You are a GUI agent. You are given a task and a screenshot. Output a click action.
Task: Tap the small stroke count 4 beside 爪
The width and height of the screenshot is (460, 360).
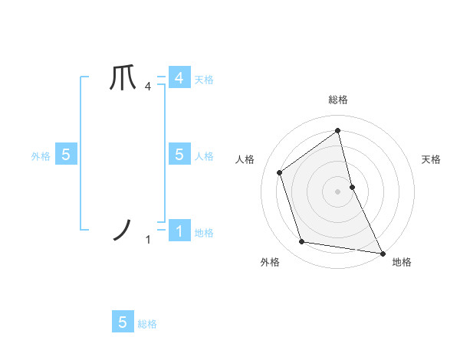tap(148, 87)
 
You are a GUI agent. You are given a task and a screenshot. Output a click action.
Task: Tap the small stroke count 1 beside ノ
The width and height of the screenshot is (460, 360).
tap(148, 240)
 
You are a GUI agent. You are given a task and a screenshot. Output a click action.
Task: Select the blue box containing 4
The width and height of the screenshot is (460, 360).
tap(179, 78)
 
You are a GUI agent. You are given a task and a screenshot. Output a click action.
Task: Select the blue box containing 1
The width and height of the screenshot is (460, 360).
tap(179, 231)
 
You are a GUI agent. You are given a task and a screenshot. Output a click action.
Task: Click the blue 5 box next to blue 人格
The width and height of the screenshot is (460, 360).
tap(179, 155)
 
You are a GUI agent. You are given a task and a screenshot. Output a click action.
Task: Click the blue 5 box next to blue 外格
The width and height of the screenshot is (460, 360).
tap(65, 155)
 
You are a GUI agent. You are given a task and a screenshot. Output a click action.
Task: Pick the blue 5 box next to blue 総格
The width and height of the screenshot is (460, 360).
tap(123, 322)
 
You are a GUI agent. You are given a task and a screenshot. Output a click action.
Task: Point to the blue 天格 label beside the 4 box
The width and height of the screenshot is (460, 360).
tap(204, 79)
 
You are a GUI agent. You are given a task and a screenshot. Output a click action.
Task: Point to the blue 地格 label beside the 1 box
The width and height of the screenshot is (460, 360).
tap(204, 232)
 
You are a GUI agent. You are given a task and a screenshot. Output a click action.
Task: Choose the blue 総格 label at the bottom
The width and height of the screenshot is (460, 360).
tap(147, 324)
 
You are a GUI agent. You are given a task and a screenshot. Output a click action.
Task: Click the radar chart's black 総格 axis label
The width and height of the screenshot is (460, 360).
tap(338, 100)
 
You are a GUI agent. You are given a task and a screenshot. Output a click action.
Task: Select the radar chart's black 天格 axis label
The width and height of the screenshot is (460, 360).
tap(432, 159)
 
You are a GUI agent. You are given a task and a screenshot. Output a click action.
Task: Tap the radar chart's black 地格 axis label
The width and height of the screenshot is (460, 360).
tap(402, 262)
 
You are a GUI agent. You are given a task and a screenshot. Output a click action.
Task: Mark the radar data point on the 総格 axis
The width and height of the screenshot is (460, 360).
tap(338, 130)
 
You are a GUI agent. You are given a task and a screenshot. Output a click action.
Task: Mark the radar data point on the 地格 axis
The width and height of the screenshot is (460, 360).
tap(382, 252)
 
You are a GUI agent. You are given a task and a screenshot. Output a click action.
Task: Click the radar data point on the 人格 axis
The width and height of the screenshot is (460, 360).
tap(280, 172)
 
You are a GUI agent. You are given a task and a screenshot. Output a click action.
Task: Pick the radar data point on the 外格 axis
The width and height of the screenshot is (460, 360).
tap(302, 242)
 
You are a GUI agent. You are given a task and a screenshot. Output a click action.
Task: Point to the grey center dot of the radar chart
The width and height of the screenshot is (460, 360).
tap(338, 191)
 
